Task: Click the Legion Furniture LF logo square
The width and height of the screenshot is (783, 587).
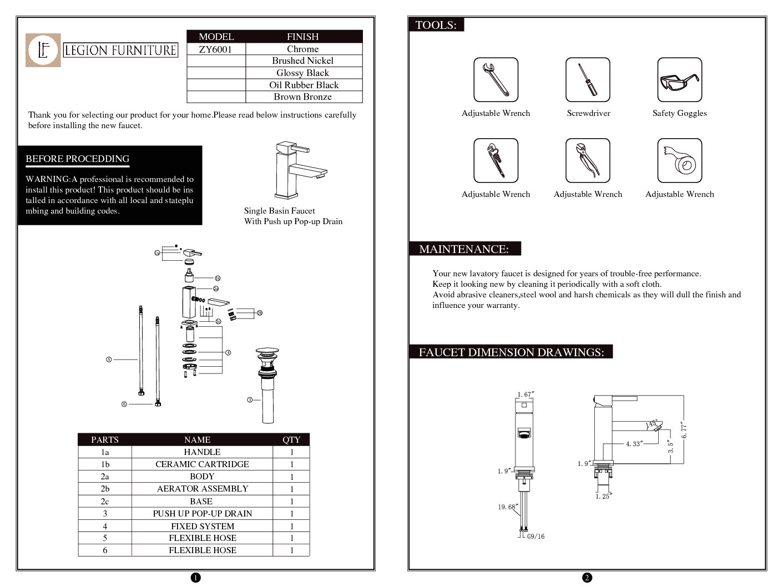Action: pyautogui.click(x=43, y=50)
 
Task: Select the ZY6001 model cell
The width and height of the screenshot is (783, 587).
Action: pyautogui.click(x=216, y=49)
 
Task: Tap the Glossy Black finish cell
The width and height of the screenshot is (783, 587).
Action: pyautogui.click(x=303, y=73)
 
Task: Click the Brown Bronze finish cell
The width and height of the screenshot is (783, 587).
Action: pyautogui.click(x=303, y=97)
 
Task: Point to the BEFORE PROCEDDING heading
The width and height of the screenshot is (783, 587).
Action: pyautogui.click(x=77, y=159)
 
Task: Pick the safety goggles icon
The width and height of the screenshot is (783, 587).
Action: pyautogui.click(x=679, y=80)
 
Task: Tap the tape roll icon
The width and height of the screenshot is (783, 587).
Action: pyautogui.click(x=680, y=161)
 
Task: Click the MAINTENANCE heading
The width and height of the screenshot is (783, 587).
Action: pyautogui.click(x=464, y=249)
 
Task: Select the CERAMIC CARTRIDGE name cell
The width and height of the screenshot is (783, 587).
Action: pyautogui.click(x=202, y=464)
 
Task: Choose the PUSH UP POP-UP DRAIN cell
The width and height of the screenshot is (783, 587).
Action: pyautogui.click(x=202, y=514)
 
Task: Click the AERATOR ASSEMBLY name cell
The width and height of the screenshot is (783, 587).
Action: pyautogui.click(x=202, y=489)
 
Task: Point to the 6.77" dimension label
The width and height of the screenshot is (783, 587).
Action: pyautogui.click(x=684, y=431)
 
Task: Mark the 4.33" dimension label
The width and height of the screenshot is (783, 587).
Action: pyautogui.click(x=633, y=444)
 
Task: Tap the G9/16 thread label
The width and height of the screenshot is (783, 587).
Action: pyautogui.click(x=536, y=537)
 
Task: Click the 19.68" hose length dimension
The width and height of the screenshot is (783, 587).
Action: pyautogui.click(x=507, y=507)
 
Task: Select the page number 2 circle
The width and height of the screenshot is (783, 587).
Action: pyautogui.click(x=587, y=578)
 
